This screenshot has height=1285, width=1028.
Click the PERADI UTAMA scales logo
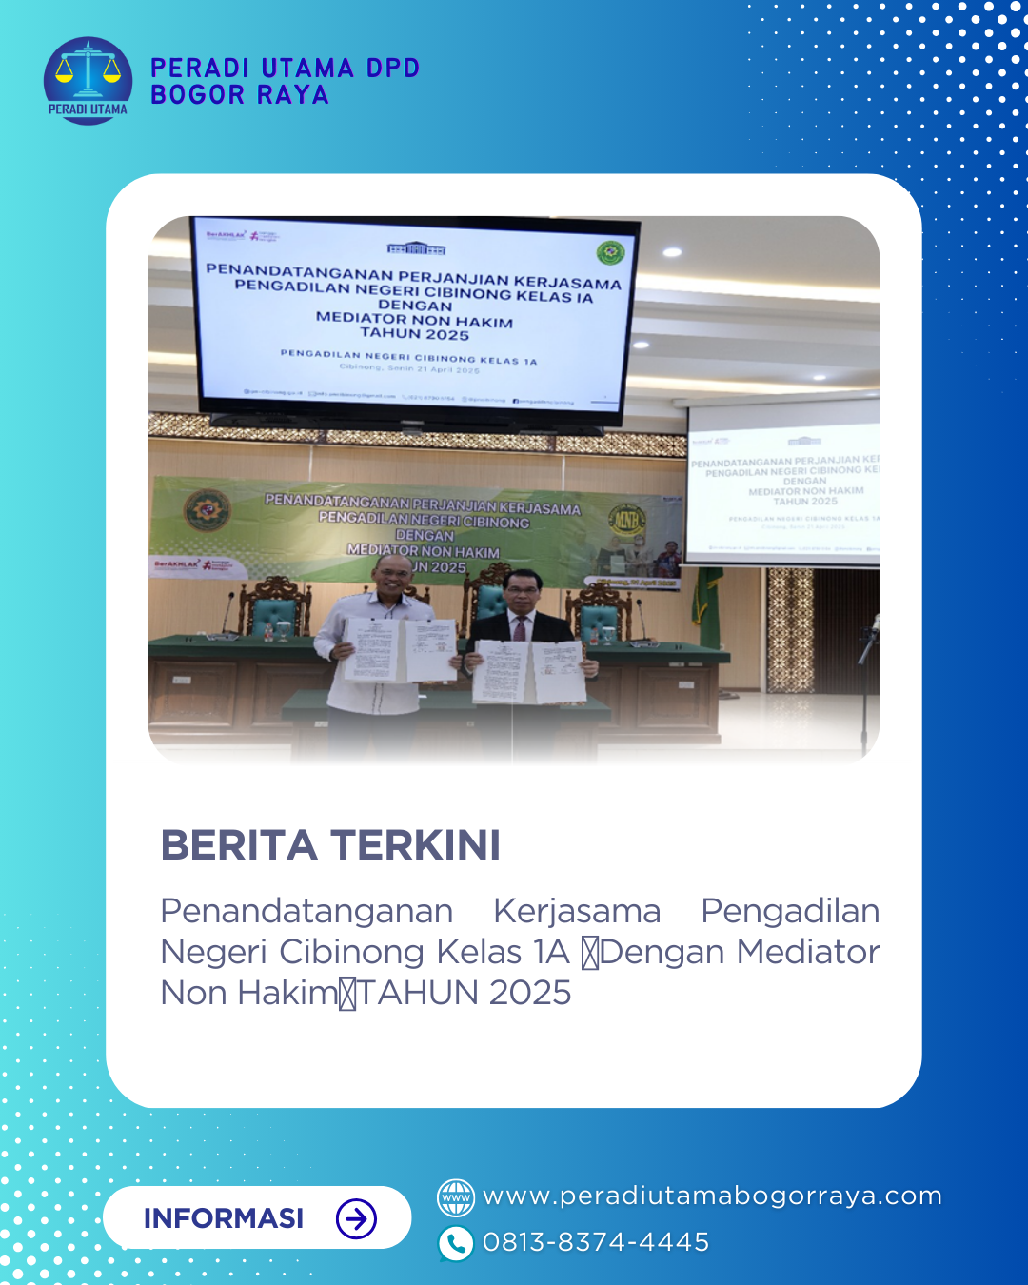[x=88, y=80]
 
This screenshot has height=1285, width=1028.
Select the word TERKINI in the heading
[x=415, y=845]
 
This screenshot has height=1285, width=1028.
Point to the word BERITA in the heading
[x=238, y=845]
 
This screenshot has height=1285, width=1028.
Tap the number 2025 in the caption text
[x=529, y=993]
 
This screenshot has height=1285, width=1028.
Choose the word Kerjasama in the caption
[x=577, y=911]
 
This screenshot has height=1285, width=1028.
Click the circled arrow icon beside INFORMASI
[x=357, y=1218]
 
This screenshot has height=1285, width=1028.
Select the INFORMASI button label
[x=224, y=1218]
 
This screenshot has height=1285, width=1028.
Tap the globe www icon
[x=456, y=1197]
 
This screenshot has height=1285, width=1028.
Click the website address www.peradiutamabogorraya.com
[x=712, y=1196]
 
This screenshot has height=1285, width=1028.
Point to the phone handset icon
[x=456, y=1243]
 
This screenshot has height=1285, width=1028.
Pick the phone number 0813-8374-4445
[x=596, y=1242]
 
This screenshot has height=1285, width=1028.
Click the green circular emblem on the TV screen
[x=609, y=252]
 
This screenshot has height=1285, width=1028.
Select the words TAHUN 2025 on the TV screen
[x=414, y=334]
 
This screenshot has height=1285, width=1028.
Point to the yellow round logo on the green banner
[x=626, y=520]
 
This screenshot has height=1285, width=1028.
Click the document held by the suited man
[x=530, y=671]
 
